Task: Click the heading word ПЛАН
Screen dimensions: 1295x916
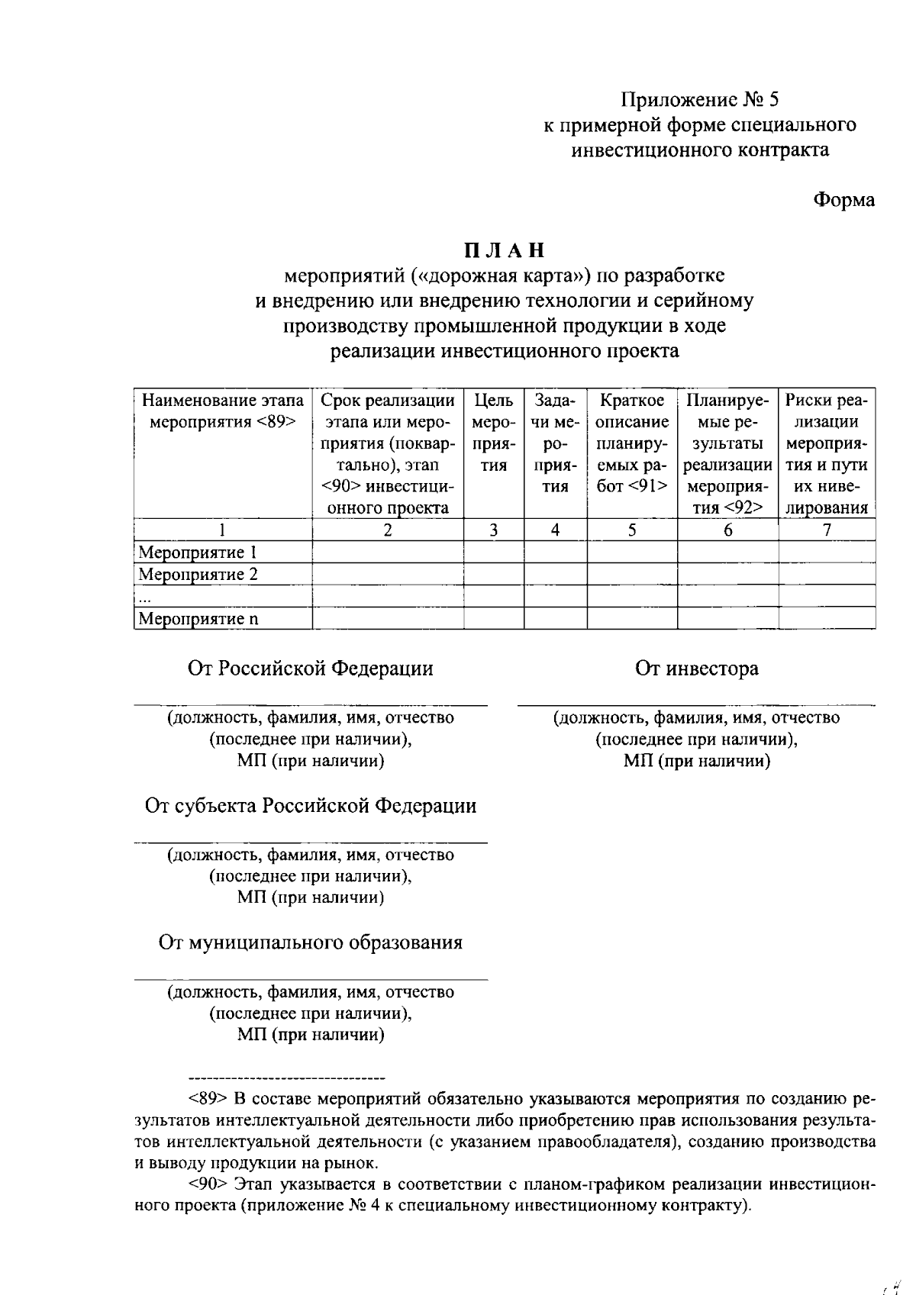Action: pyautogui.click(x=505, y=250)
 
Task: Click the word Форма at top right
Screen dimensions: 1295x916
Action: pyautogui.click(x=843, y=200)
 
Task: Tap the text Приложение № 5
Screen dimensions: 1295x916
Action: pyautogui.click(x=700, y=100)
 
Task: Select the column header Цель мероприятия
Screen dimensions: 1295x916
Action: pyautogui.click(x=494, y=433)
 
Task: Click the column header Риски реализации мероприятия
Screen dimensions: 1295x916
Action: pyautogui.click(x=827, y=454)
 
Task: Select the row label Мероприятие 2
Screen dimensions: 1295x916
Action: pyautogui.click(x=198, y=575)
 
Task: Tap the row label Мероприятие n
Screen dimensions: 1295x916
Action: pyautogui.click(x=198, y=619)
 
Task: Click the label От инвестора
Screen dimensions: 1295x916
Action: pyautogui.click(x=696, y=669)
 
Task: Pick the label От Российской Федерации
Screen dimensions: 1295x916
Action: pyautogui.click(x=311, y=669)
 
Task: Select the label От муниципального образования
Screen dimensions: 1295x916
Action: pyautogui.click(x=311, y=942)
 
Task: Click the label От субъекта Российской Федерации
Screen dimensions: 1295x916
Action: pyautogui.click(x=311, y=806)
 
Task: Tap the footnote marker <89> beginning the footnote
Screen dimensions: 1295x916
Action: pyautogui.click(x=207, y=1100)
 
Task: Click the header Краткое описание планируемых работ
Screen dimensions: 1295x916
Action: pyautogui.click(x=632, y=443)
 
